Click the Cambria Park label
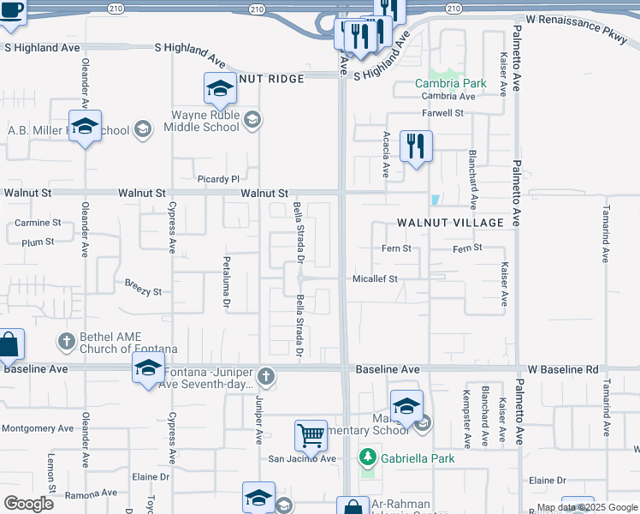(451, 84)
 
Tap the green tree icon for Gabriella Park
(368, 457)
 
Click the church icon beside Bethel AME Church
(66, 341)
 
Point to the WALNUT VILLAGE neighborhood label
(450, 223)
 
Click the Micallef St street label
(376, 279)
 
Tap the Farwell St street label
(442, 112)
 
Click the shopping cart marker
(311, 434)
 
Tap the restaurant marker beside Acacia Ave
(416, 146)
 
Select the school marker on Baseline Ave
(148, 368)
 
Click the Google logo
(27, 503)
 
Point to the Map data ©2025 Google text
(587, 508)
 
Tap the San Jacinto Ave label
(303, 458)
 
